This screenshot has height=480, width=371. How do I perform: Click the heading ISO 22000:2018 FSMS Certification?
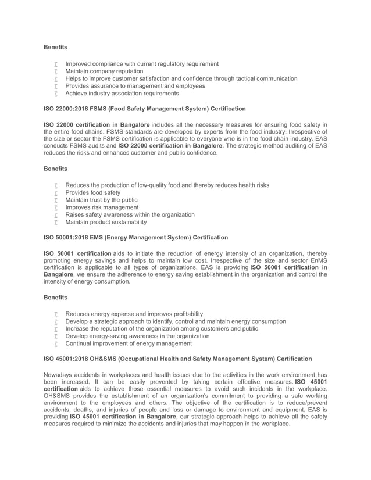(137, 109)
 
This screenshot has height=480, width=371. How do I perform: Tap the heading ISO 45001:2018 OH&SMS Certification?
(178, 359)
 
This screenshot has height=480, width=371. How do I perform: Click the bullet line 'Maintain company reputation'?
(104, 71)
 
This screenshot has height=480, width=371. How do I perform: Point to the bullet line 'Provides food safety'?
(93, 192)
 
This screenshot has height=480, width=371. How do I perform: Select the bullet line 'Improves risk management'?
(102, 207)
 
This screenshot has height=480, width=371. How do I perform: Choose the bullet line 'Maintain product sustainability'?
(106, 222)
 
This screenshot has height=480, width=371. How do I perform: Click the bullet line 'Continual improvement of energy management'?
(129, 343)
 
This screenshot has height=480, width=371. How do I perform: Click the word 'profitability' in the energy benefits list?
(185, 314)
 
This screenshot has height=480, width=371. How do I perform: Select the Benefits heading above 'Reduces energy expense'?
(56, 298)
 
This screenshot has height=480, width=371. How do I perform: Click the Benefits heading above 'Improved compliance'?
(56, 47)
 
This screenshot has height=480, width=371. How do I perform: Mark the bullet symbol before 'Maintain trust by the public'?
(56, 200)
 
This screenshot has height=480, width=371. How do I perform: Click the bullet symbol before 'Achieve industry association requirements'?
(56, 93)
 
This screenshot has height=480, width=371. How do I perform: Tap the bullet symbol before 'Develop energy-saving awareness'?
(56, 336)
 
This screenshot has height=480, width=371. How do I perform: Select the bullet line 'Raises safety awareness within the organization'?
(130, 214)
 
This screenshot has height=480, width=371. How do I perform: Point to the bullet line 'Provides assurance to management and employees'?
(135, 86)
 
